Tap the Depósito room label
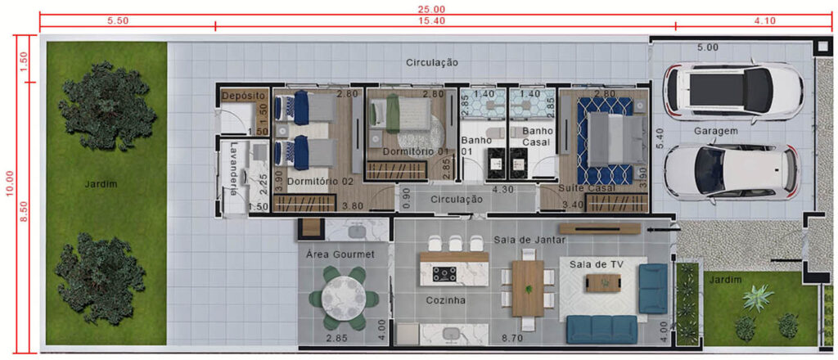coord(244,97)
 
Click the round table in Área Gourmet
coord(343,298)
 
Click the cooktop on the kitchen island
coord(443,275)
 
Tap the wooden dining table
coord(528,289)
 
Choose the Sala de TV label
coord(597,263)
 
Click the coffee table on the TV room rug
coord(604,282)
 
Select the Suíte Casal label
coord(586,188)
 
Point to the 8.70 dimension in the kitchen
coord(512,338)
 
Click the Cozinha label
coord(446,301)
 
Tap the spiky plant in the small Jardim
coord(759,297)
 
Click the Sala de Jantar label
coord(529,240)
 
